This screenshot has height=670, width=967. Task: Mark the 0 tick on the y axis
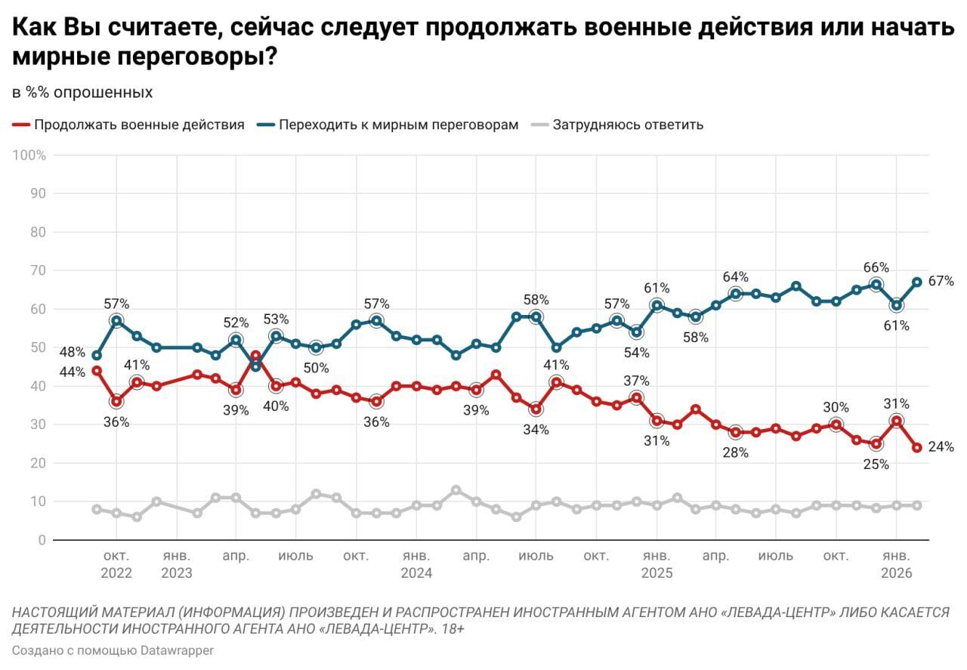pyautogui.click(x=42, y=540)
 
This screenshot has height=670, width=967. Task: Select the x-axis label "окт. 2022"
pyautogui.click(x=116, y=564)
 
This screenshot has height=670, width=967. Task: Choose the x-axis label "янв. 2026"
pyautogui.click(x=896, y=564)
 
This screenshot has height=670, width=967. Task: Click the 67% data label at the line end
pyautogui.click(x=941, y=281)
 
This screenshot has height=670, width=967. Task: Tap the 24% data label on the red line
pyautogui.click(x=941, y=447)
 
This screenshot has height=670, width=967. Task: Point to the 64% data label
pyautogui.click(x=735, y=276)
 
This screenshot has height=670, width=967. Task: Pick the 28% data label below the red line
pyautogui.click(x=735, y=452)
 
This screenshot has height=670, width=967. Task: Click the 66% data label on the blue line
pyautogui.click(x=876, y=267)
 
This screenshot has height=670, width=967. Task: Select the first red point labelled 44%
pyautogui.click(x=97, y=371)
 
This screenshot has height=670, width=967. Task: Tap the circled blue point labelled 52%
pyautogui.click(x=236, y=340)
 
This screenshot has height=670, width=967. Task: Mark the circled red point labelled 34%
pyautogui.click(x=536, y=409)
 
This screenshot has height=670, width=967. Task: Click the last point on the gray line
pyautogui.click(x=916, y=505)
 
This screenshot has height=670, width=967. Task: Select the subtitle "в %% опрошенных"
pyautogui.click(x=82, y=93)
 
